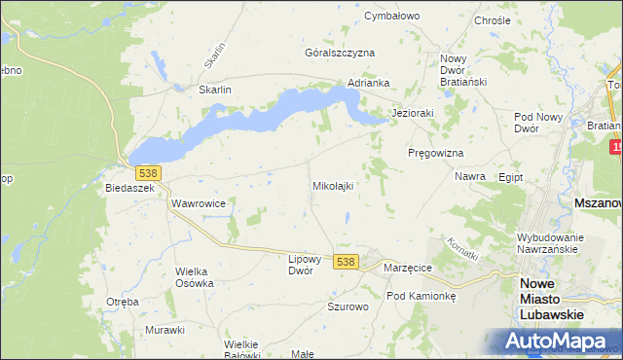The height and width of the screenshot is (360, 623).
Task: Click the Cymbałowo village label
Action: click(x=391, y=17)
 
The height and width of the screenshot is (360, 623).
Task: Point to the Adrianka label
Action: click(x=369, y=84)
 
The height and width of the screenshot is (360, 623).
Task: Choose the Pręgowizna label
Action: click(x=435, y=154)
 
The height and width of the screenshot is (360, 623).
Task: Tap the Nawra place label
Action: click(x=470, y=177)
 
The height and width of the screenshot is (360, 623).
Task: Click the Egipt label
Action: click(x=510, y=178)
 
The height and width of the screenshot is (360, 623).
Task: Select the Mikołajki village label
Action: click(x=332, y=185)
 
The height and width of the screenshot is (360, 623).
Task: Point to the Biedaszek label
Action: click(x=130, y=189)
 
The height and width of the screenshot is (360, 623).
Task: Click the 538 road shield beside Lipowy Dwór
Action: click(x=346, y=262)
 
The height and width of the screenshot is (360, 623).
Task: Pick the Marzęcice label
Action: click(x=408, y=268)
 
